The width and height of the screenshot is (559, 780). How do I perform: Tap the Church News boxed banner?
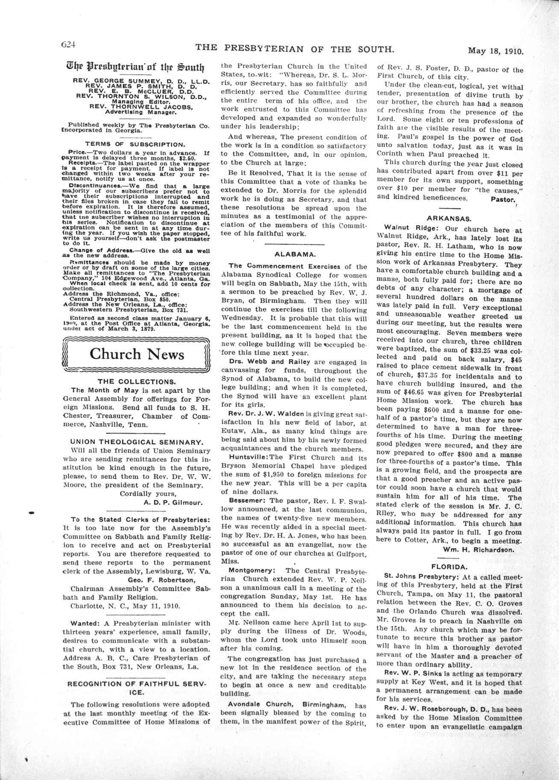point(137,354)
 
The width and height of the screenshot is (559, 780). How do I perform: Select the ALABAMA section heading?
point(294,254)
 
